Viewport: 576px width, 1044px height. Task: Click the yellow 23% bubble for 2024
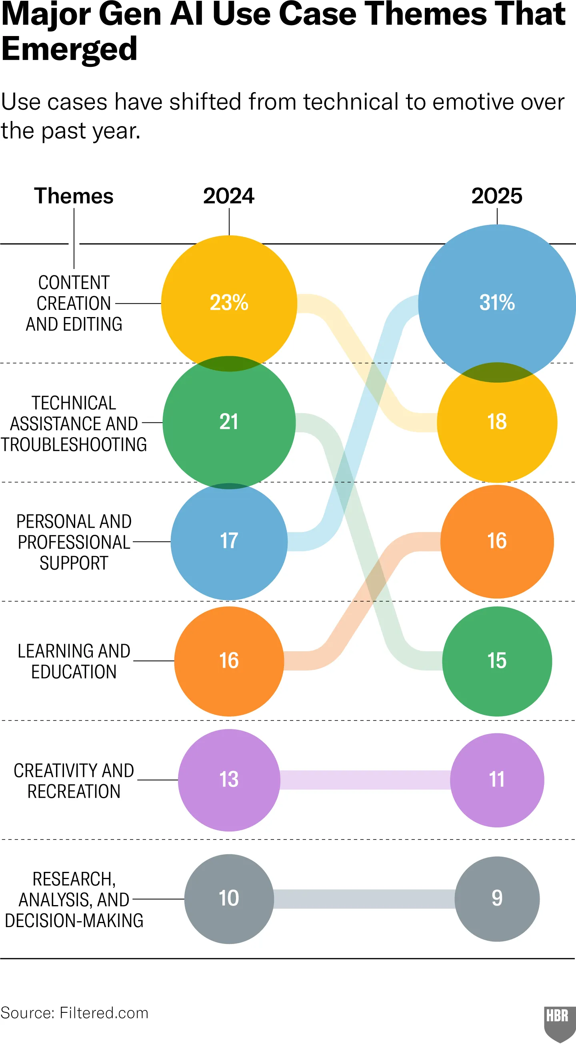pos(229,303)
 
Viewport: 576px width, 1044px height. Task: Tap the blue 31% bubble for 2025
pos(497,303)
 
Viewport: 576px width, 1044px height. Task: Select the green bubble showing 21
pos(229,422)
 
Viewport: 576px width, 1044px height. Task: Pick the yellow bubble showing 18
pos(497,422)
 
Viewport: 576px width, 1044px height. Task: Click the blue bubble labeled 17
pos(229,541)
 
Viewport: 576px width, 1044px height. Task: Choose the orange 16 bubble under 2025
pos(497,541)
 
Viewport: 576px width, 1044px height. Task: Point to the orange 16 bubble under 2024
pos(229,661)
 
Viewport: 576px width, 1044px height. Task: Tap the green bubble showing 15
pos(497,661)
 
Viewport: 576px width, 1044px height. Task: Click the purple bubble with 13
pos(229,779)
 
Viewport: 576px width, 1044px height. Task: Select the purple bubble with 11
pos(497,779)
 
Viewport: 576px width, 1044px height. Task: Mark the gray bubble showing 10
pos(229,899)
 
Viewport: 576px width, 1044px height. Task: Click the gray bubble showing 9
pos(497,899)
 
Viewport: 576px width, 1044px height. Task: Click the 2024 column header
pos(229,196)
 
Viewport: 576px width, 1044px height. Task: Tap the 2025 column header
pos(497,196)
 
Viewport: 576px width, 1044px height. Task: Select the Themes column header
pos(74,196)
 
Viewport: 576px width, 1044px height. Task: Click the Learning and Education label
pos(74,661)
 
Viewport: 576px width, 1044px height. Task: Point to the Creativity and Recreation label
pos(74,781)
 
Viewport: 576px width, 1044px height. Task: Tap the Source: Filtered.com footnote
pos(74,1013)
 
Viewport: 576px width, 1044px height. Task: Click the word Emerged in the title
pos(70,48)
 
